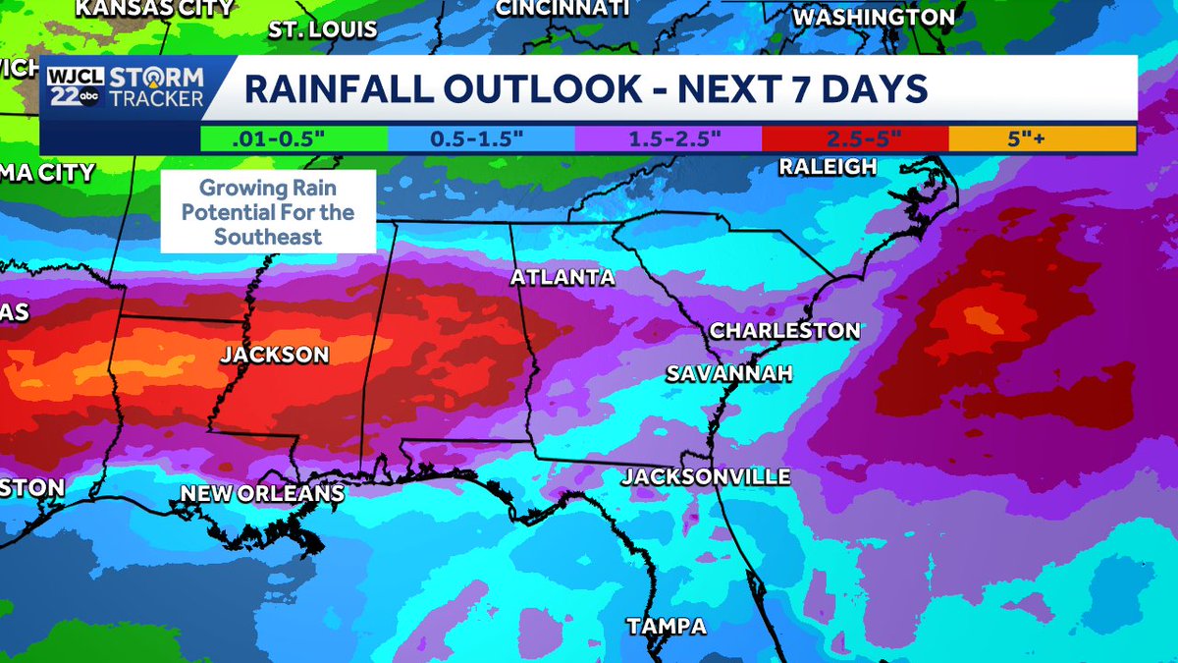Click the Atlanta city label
[562, 278]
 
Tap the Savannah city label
[728, 374]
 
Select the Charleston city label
[784, 330]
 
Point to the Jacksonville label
[706, 477]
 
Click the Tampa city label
[667, 626]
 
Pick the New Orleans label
[261, 493]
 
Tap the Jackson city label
[274, 355]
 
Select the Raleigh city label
[828, 167]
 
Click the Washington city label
[873, 18]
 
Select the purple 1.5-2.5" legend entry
[669, 138]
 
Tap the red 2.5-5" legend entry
[855, 138]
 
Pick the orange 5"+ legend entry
[1042, 138]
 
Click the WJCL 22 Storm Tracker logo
[126, 87]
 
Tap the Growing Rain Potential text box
[268, 211]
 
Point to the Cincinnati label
[562, 9]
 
